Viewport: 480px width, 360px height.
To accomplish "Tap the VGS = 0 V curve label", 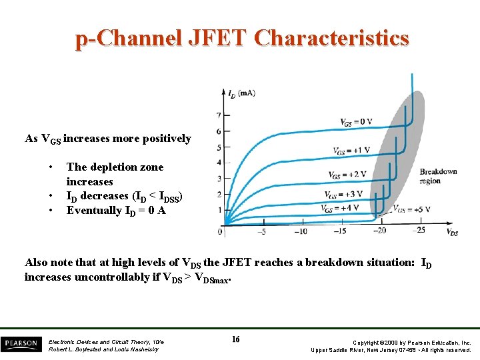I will (356, 123).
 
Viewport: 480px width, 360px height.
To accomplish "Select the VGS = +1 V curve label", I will (352, 151).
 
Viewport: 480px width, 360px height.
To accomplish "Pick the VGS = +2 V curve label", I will (347, 175).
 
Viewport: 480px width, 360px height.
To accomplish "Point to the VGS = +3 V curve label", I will (343, 195).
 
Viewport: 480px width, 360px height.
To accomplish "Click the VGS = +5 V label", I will (411, 209).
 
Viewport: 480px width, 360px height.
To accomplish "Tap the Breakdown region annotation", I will (438, 176).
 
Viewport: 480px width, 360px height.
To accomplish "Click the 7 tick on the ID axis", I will (218, 115).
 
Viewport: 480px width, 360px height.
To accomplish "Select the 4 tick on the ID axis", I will (218, 163).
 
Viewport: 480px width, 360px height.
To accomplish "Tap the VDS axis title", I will (451, 233).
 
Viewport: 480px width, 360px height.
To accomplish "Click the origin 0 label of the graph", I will (220, 232).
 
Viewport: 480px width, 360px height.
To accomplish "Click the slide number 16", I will (235, 340).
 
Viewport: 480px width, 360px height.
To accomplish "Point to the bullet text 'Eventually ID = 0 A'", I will (116, 211).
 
